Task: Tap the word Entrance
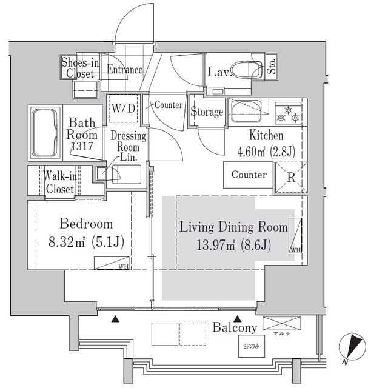pyautogui.click(x=124, y=70)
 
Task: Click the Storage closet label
pyautogui.click(x=207, y=112)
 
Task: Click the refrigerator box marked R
pyautogui.click(x=289, y=178)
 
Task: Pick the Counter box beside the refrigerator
pyautogui.click(x=249, y=175)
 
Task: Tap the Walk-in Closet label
pyautogui.click(x=59, y=182)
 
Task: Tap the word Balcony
pyautogui.click(x=235, y=327)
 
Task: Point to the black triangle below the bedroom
pyautogui.click(x=116, y=319)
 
